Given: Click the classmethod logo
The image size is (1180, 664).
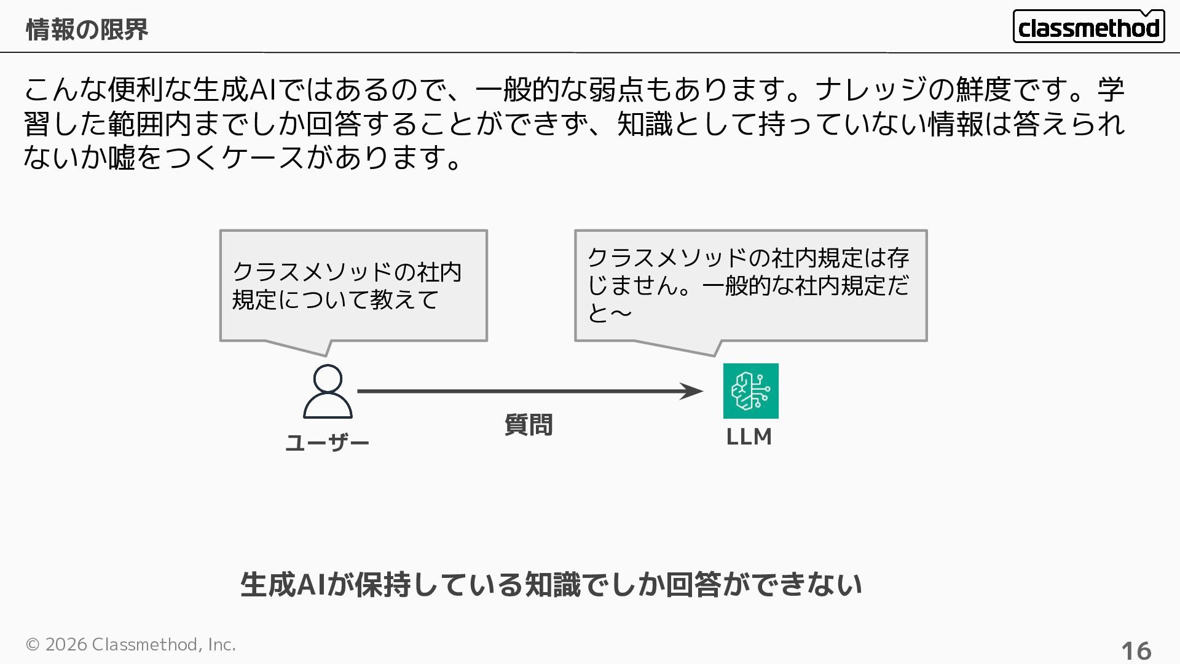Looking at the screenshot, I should [x=1088, y=27].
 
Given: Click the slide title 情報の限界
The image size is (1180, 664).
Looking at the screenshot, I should [x=87, y=30].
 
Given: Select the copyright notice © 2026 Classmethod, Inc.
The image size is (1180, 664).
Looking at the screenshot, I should [x=130, y=644].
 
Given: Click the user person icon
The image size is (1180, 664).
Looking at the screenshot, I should [x=328, y=391].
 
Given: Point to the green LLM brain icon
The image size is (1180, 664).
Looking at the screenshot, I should [x=750, y=391].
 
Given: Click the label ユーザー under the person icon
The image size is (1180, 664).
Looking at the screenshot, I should [x=327, y=443].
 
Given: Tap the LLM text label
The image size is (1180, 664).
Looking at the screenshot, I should [x=749, y=437].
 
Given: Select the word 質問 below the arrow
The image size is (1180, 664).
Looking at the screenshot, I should [x=529, y=425].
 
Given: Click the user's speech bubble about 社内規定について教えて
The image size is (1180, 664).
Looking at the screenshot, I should [x=353, y=286].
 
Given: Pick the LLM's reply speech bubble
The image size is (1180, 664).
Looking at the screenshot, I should [x=750, y=286].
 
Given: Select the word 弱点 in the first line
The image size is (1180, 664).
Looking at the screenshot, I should [x=616, y=90].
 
